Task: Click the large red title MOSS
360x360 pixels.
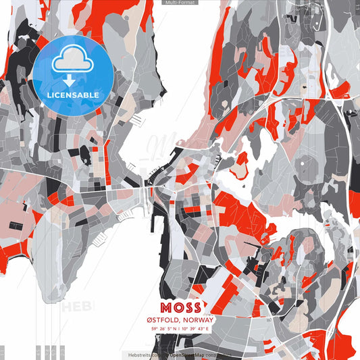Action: pyautogui.click(x=180, y=306)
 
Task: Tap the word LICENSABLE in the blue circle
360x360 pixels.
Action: pyautogui.click(x=72, y=95)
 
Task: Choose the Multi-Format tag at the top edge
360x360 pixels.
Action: pyautogui.click(x=180, y=3)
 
